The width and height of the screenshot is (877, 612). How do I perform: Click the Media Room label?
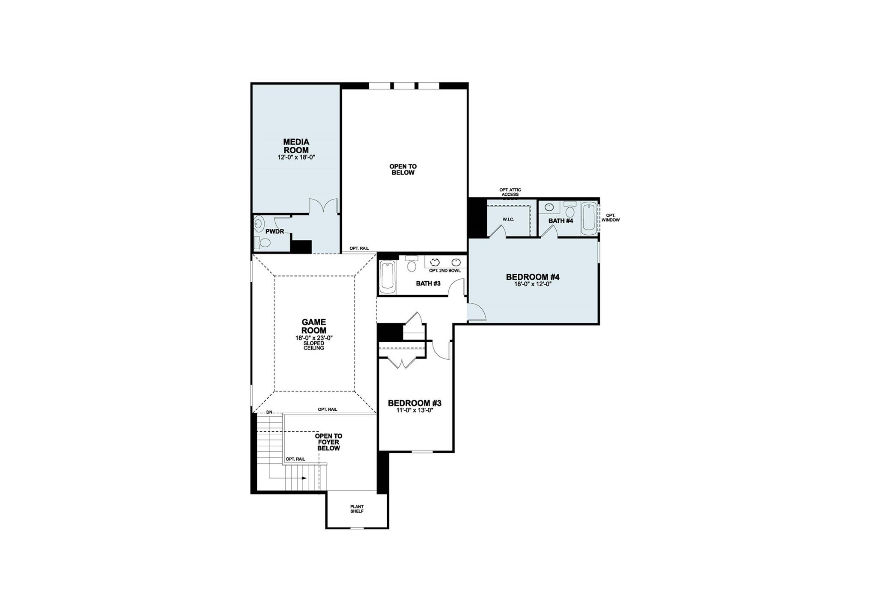point(296,146)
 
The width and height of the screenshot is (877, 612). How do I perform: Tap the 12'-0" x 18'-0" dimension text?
point(296,157)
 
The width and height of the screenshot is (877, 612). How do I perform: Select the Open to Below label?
point(403,169)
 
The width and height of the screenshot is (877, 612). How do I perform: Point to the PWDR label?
point(274,231)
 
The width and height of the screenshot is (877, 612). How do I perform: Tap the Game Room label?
point(313,326)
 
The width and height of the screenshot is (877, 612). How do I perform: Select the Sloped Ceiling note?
point(313,346)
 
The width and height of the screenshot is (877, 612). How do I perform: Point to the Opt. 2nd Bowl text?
point(445,271)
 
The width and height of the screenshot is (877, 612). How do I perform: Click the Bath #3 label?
point(428,284)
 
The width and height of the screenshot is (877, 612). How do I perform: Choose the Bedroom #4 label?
point(532,277)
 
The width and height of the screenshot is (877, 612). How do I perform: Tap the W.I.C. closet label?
point(508,219)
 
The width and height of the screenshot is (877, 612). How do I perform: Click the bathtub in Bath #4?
point(589,219)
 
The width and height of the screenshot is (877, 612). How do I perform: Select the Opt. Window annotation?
point(610,218)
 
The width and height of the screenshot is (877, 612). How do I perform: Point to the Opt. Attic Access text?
point(510,192)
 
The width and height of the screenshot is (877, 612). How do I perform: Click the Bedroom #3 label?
point(414,403)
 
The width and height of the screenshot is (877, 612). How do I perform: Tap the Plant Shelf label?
point(356,509)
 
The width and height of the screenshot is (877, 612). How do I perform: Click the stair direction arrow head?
point(304,478)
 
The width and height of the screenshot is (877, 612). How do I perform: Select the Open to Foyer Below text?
point(328,442)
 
